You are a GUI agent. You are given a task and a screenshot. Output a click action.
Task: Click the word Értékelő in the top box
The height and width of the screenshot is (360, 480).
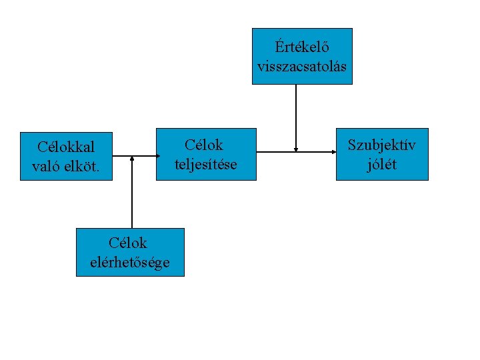tap(302, 47)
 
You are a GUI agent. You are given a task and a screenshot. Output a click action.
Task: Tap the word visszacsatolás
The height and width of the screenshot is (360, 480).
tap(302, 67)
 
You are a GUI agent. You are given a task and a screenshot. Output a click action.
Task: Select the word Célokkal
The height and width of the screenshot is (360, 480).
tap(66, 146)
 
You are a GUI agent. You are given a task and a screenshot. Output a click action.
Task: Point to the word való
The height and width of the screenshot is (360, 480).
tap(46, 166)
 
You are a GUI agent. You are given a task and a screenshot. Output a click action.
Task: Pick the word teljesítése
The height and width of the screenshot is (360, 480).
tap(205, 164)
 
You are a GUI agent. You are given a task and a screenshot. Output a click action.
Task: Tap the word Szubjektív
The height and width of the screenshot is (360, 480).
tap(381, 145)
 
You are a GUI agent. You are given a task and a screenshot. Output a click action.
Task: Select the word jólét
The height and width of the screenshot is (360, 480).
tap(381, 164)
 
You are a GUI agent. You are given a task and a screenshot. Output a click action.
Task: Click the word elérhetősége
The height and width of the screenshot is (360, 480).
tap(130, 262)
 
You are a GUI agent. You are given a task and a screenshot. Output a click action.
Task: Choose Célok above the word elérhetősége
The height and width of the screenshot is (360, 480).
tap(128, 243)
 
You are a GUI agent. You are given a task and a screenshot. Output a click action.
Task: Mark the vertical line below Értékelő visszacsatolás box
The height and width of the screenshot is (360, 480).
tap(296, 117)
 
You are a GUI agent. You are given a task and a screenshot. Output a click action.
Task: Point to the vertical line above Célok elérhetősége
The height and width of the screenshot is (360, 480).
tap(132, 193)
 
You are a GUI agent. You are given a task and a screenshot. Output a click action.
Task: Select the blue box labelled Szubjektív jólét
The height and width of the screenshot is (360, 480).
tap(381, 173)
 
